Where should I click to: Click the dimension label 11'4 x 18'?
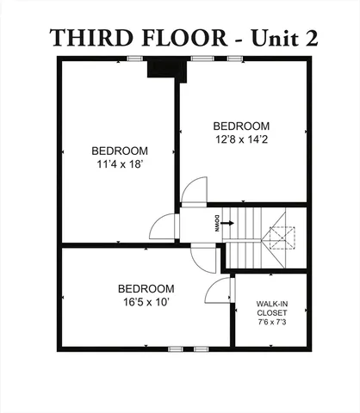point(120,163)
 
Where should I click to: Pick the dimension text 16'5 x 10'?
point(146,301)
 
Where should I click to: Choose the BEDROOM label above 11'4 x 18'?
point(120,151)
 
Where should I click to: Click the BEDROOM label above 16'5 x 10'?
point(146,288)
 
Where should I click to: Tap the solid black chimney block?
point(161,69)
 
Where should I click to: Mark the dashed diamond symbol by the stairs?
point(281,237)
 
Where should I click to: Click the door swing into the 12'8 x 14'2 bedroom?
point(194,190)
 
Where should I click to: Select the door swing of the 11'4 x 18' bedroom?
point(164,226)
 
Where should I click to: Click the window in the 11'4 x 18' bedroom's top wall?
point(134,59)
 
